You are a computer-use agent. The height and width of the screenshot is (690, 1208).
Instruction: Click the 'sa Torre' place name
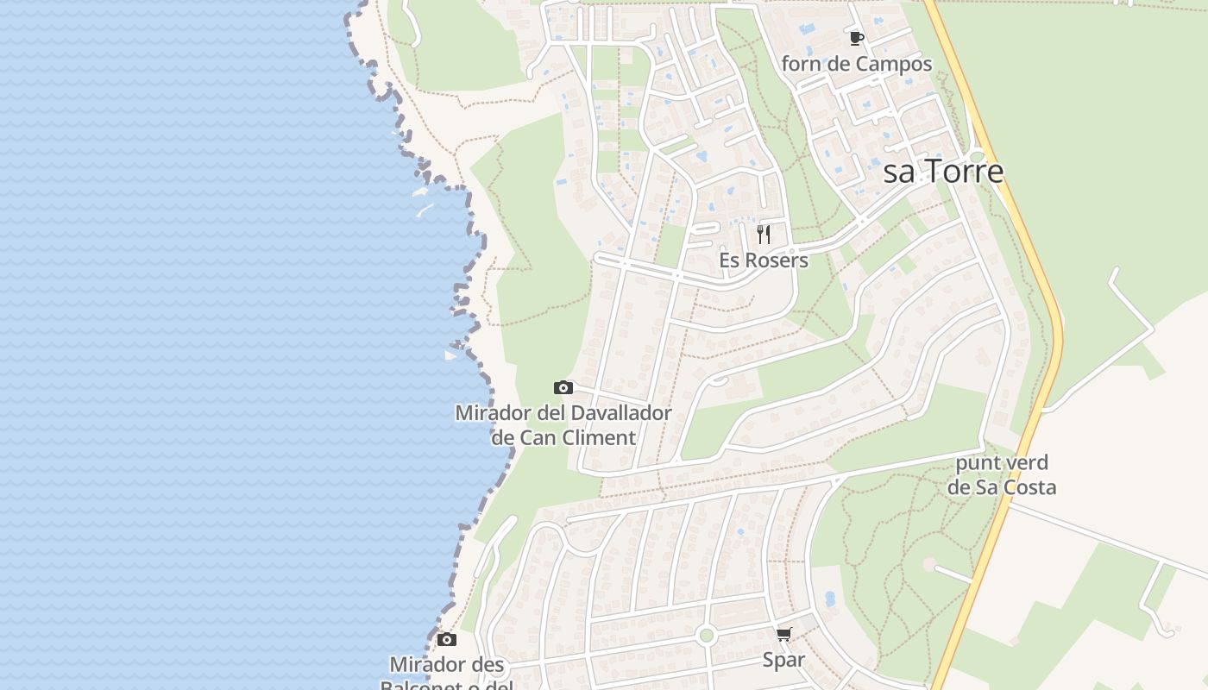coord(944,172)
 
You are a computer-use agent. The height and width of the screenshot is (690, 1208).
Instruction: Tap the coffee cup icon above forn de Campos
coord(856,38)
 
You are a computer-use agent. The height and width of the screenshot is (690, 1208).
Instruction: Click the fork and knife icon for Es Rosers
coord(764,235)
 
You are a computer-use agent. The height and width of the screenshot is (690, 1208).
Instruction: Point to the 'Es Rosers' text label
coord(764,260)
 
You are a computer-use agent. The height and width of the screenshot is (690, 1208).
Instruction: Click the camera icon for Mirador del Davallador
coord(563,388)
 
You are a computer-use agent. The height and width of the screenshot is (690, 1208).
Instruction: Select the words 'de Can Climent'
coord(563,438)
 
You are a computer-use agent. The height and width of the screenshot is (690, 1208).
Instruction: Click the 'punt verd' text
coord(1002,463)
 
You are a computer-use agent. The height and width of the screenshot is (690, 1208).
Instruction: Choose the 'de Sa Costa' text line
coord(1002,487)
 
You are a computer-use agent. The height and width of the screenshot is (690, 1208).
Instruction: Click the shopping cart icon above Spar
coord(783,635)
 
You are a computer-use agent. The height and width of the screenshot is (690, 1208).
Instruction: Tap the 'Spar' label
coord(783,661)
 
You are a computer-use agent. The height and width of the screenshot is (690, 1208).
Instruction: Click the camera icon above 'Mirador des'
coord(446,640)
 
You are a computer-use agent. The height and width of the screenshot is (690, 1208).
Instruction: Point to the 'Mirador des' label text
coord(446,665)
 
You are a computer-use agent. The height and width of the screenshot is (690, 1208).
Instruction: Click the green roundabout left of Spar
coord(707,636)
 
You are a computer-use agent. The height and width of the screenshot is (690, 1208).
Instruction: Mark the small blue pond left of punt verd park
coord(830,598)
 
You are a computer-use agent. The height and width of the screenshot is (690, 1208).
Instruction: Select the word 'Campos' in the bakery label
coord(895,64)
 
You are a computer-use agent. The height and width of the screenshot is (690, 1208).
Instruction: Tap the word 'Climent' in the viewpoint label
coord(599,438)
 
